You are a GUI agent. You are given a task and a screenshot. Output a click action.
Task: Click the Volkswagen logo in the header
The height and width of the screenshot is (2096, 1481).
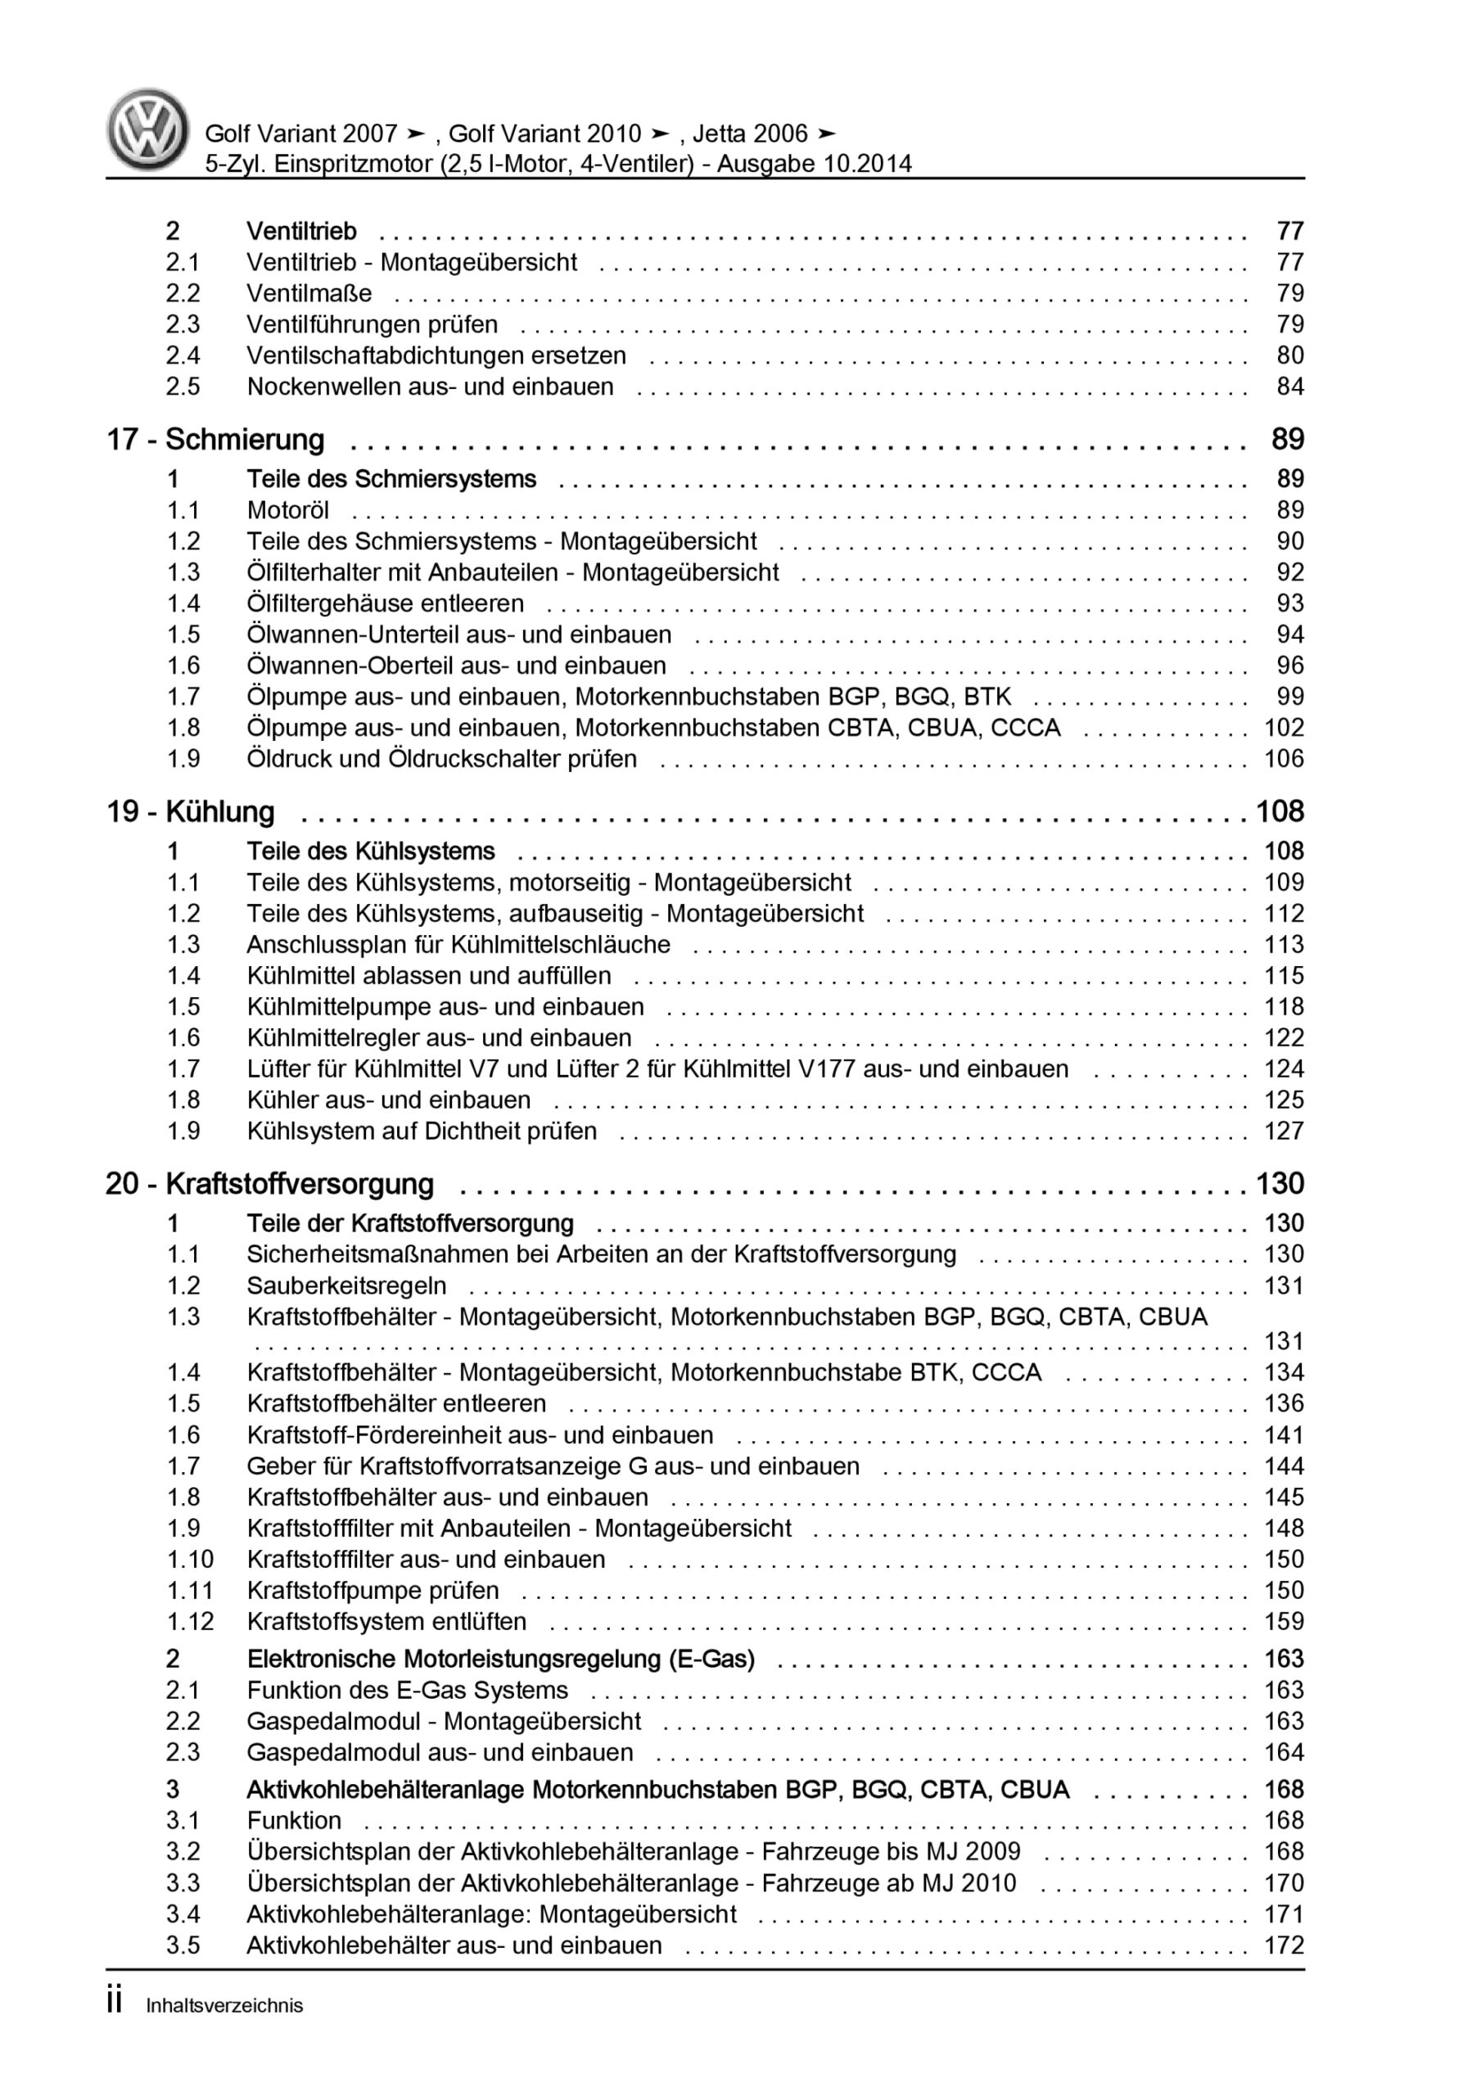point(148,129)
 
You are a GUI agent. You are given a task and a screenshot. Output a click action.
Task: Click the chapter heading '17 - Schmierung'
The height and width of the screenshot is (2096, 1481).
point(215,439)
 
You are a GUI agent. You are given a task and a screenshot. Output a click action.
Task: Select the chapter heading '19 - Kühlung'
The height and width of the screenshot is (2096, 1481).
point(190,811)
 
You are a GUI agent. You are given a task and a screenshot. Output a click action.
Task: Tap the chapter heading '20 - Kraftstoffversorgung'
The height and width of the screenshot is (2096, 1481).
point(269,1183)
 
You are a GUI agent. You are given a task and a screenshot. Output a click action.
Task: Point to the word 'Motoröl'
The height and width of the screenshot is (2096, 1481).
point(287,509)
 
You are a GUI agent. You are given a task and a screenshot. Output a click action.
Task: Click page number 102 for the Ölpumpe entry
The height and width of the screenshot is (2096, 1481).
point(1283,728)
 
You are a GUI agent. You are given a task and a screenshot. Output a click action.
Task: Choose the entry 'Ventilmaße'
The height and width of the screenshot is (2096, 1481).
point(309,293)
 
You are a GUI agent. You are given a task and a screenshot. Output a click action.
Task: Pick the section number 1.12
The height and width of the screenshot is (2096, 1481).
point(190,1621)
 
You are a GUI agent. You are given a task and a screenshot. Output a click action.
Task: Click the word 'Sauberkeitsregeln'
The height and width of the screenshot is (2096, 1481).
point(346,1285)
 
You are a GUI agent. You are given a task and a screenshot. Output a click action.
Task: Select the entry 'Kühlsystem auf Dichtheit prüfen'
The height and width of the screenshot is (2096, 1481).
point(421,1130)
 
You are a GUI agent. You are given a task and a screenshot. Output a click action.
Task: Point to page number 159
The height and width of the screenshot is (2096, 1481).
point(1283,1621)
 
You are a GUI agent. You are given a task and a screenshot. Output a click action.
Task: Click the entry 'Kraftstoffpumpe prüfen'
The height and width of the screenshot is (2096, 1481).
point(373,1590)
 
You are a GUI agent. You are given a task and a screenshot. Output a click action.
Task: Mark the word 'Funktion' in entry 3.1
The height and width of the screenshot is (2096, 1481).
point(293,1820)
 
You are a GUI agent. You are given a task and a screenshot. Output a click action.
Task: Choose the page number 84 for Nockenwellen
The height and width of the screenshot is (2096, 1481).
point(1289,386)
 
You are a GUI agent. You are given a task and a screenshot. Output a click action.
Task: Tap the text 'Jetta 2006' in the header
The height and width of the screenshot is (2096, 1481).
point(750,133)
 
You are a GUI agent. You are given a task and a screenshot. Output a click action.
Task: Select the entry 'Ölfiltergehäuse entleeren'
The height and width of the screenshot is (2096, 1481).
point(385,603)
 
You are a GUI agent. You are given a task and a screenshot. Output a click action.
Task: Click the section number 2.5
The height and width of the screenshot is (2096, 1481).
point(183,386)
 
